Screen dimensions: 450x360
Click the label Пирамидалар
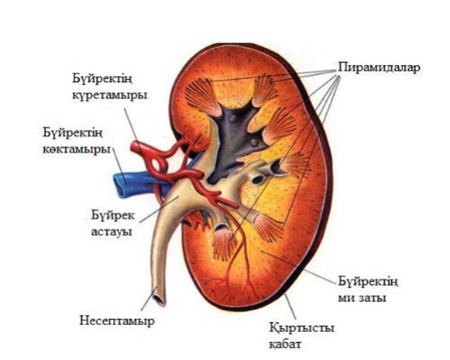[x=379, y=67]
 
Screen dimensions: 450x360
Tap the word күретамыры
[x=110, y=95]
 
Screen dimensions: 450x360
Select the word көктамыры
[x=77, y=149]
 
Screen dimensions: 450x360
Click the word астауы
[x=112, y=231]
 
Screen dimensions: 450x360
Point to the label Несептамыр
[x=117, y=321]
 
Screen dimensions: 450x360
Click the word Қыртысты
[x=301, y=327]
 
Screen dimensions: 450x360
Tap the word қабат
[x=286, y=344]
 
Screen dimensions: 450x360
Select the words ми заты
[x=362, y=298]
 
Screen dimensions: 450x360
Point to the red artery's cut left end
[x=135, y=147]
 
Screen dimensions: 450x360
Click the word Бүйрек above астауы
[x=113, y=215]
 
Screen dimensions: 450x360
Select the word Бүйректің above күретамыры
[x=102, y=79]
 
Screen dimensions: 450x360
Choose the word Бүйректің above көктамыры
[x=73, y=133]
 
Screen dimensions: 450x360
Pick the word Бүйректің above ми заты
[x=368, y=281]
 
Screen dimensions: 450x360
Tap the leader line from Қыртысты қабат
[x=290, y=307]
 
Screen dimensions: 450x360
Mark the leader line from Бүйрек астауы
[x=159, y=209]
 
